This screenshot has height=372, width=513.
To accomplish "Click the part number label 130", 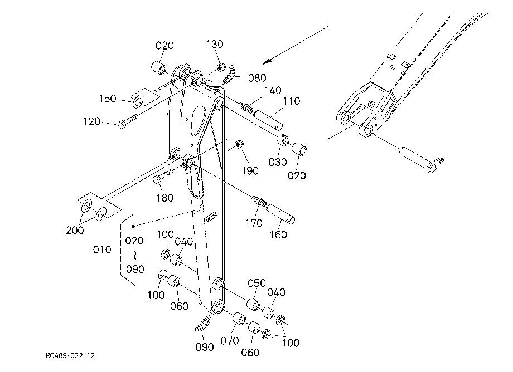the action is pyautogui.click(x=215, y=44).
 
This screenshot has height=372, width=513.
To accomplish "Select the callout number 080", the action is pyautogui.click(x=257, y=78).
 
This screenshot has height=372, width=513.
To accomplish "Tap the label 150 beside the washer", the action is pyautogui.click(x=108, y=99).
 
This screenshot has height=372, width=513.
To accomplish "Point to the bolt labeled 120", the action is pyautogui.click(x=128, y=120).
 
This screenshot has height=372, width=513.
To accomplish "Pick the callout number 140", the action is pyautogui.click(x=273, y=90).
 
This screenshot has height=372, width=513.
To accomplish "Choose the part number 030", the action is pyautogui.click(x=278, y=162).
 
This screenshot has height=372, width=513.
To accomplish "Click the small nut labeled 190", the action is pyautogui.click(x=239, y=144).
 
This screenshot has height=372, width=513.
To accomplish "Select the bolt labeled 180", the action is pyautogui.click(x=163, y=176).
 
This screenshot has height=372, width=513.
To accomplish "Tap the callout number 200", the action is pyautogui.click(x=75, y=230).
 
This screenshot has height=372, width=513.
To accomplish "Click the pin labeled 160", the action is pyautogui.click(x=280, y=214).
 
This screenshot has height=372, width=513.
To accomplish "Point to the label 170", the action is pyautogui.click(x=254, y=223).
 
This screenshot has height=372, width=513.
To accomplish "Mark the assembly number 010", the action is pyautogui.click(x=102, y=250).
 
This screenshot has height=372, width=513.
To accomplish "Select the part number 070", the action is pyautogui.click(x=229, y=341).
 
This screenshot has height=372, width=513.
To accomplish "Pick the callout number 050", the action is pyautogui.click(x=256, y=283).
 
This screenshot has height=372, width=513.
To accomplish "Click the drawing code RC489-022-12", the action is pyautogui.click(x=70, y=355).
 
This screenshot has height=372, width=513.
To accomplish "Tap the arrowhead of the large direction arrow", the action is pyautogui.click(x=268, y=61).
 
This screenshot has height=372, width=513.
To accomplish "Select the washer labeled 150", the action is pyautogui.click(x=138, y=101).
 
